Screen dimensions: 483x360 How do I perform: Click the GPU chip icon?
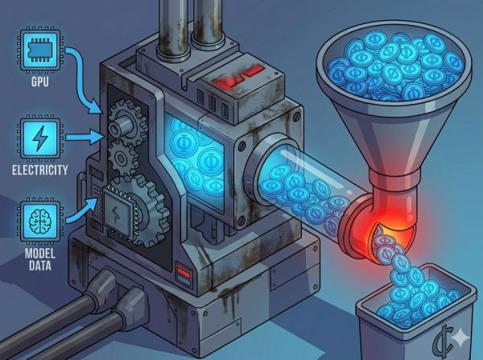[40, 50]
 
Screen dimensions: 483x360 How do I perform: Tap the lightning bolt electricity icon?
[40, 138]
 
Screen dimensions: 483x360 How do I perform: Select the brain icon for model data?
[40, 221]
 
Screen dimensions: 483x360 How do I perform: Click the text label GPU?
[39, 81]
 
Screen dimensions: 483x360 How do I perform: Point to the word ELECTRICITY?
[39, 170]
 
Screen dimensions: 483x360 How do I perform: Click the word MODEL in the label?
[40, 254]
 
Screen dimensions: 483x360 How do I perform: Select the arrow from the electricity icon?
[83, 137]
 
